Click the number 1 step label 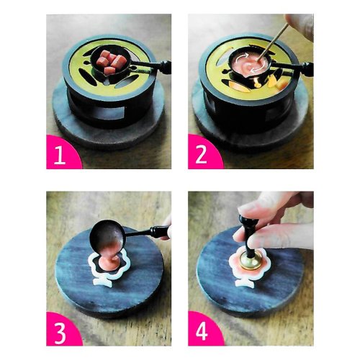click(x=60, y=155)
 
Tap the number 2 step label click(x=202, y=155)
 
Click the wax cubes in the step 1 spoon click(x=110, y=63)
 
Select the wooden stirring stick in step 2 click(x=274, y=41)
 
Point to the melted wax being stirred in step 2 click(x=251, y=64)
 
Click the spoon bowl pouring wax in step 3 click(x=107, y=235)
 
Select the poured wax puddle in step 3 click(x=110, y=262)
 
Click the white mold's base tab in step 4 click(x=247, y=283)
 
